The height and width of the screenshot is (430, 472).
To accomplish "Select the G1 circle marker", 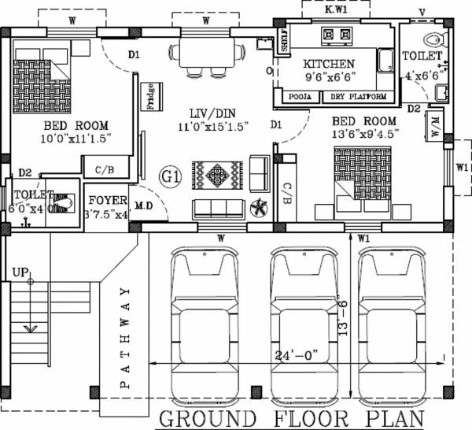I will [x=170, y=176].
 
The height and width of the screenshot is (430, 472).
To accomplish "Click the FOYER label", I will [x=103, y=199].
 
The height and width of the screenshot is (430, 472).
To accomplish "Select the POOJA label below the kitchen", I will [x=299, y=97].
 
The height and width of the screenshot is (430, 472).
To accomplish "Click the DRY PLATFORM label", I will [x=359, y=97].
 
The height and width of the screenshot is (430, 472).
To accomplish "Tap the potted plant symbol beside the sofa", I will [x=257, y=208].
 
